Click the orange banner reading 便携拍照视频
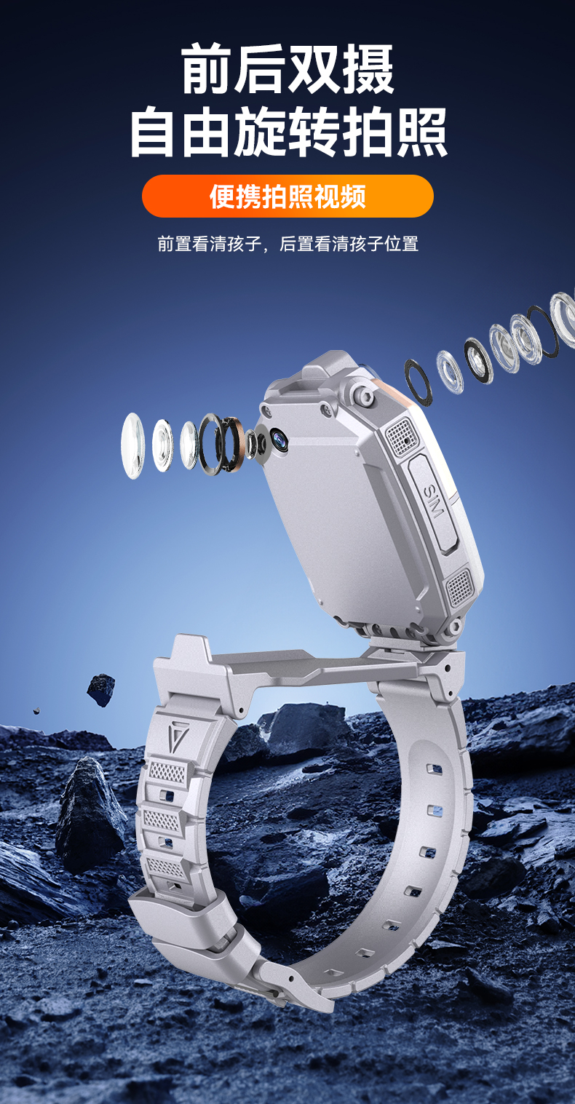(x=287, y=196)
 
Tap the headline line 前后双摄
(x=287, y=69)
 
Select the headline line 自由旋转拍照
(x=287, y=132)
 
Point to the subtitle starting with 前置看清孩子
(x=287, y=244)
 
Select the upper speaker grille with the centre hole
(x=403, y=435)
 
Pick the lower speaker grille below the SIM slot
(x=460, y=587)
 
